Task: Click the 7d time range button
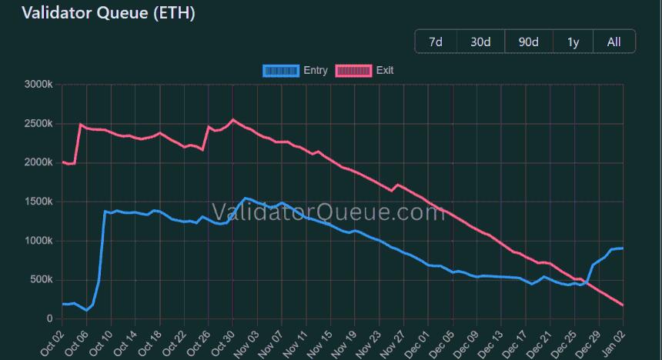tap(436, 42)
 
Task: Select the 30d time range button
tap(480, 42)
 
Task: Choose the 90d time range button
tap(528, 42)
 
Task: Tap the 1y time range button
tap(573, 42)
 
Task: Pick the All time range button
tap(614, 42)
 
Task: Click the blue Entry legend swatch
tap(280, 71)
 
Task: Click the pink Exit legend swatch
tap(354, 71)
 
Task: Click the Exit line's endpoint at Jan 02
tap(622, 305)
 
